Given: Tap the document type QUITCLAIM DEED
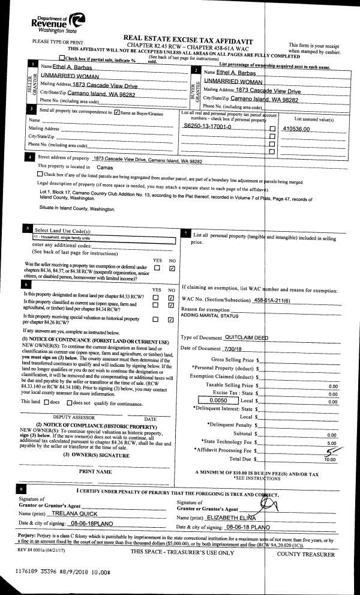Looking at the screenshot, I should (x=247, y=337).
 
